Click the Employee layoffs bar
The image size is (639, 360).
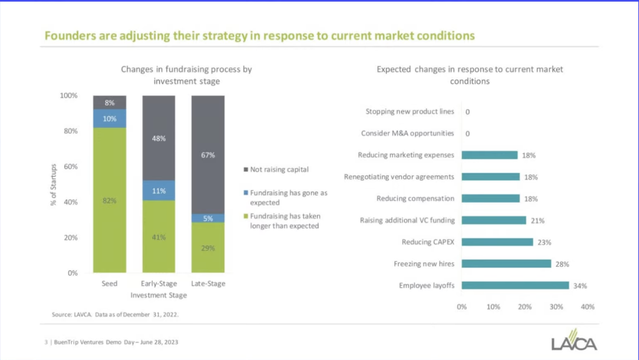coord(515,285)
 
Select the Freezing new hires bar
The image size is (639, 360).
coord(507,264)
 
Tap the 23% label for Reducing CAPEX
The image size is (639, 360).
coord(544,242)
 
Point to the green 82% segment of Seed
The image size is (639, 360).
coord(110,201)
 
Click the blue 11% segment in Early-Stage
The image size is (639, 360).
coord(159,191)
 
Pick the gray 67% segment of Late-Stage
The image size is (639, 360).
coord(208,155)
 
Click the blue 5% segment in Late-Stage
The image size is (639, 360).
coord(208,218)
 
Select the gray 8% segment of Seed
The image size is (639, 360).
coord(110,103)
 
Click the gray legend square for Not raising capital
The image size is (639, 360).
coord(246,170)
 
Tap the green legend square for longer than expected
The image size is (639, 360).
coord(246,216)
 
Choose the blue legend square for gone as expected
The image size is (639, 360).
coord(246,193)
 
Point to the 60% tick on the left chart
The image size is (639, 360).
coord(71,166)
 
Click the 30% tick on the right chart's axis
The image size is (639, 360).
coord(556,307)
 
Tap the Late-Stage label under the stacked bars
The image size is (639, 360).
coord(208,284)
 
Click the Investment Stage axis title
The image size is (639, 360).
coord(159,295)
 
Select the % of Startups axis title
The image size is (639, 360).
coord(54,185)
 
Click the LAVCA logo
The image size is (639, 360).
coord(574,340)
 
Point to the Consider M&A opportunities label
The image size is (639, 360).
coord(407,133)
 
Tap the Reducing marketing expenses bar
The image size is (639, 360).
coord(490,155)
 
